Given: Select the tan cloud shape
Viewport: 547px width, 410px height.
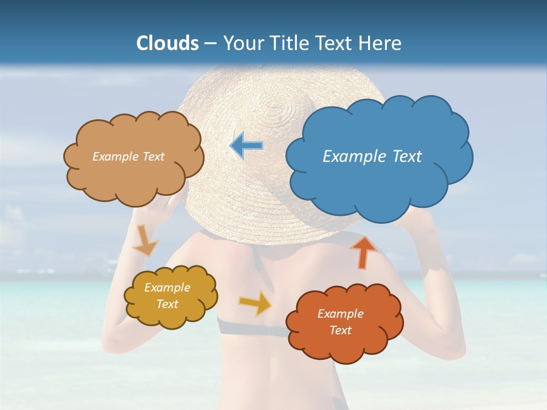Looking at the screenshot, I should (134, 177).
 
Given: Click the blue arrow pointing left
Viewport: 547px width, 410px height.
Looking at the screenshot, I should (247, 146).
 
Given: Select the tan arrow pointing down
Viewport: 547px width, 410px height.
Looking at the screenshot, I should (145, 241).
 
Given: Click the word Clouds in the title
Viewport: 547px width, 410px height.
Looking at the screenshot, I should (168, 43).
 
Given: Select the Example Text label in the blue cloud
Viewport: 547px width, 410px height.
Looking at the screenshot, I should (372, 156).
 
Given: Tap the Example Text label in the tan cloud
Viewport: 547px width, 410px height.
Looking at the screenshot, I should (128, 156).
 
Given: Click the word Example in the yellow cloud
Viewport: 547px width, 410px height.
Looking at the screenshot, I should (167, 288).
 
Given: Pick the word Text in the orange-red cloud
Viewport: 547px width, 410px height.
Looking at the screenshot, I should (340, 330).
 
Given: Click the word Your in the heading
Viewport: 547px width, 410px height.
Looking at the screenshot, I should (240, 43).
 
